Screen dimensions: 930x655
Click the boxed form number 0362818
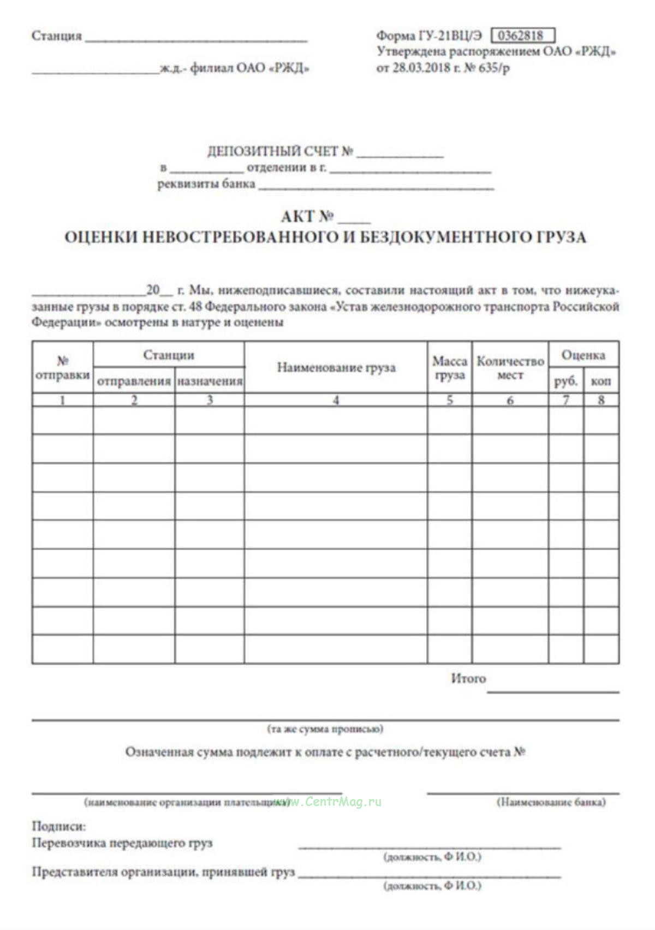pyautogui.click(x=523, y=35)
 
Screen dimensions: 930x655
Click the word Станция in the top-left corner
pyautogui.click(x=57, y=36)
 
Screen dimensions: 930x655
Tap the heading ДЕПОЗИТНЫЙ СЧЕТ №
pyautogui.click(x=280, y=151)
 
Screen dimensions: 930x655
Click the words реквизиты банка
pyautogui.click(x=206, y=184)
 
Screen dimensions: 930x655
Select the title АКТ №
pyautogui.click(x=307, y=217)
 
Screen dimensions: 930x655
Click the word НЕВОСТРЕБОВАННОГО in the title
pyautogui.click(x=240, y=237)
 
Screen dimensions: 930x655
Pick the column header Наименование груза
pyautogui.click(x=336, y=367)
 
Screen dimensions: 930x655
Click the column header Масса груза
pyautogui.click(x=450, y=368)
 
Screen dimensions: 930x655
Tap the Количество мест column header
pyautogui.click(x=510, y=368)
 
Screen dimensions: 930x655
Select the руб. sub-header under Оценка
pyautogui.click(x=566, y=381)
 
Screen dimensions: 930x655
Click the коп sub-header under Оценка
pyautogui.click(x=601, y=381)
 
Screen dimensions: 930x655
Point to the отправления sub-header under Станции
pyautogui.click(x=134, y=381)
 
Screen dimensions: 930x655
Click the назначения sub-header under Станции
pyautogui.click(x=210, y=381)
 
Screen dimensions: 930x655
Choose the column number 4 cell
pyautogui.click(x=336, y=400)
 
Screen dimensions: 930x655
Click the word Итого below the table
pyautogui.click(x=468, y=678)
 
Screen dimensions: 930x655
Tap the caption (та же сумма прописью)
pyautogui.click(x=325, y=729)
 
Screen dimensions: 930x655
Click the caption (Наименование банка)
pyautogui.click(x=551, y=802)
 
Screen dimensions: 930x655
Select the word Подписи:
pyautogui.click(x=58, y=826)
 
